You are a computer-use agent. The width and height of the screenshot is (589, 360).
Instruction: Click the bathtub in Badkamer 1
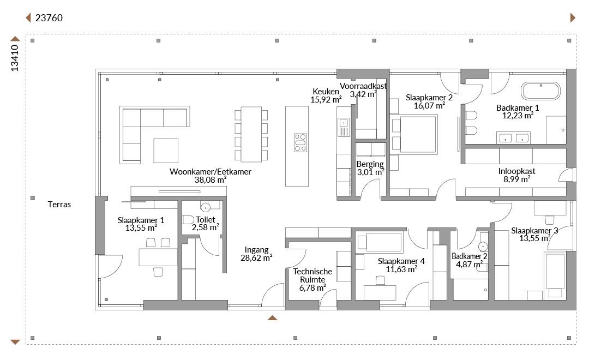[540, 91]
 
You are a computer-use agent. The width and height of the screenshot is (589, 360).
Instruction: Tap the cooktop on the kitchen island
[300, 142]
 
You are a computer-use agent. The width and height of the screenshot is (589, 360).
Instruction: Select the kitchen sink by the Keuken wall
[344, 127]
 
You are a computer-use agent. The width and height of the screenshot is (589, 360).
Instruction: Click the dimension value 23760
[49, 17]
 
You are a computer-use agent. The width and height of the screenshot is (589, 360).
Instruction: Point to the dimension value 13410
[15, 58]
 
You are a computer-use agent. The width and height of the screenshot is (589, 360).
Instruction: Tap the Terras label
[59, 205]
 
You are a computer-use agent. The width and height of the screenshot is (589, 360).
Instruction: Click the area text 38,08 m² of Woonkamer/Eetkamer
[211, 179]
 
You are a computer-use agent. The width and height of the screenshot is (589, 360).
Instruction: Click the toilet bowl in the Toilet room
[188, 219]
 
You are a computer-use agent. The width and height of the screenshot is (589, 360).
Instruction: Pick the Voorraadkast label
[363, 86]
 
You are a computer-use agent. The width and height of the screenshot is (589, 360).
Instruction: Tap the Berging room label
[370, 164]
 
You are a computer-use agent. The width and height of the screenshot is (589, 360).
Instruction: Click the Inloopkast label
[517, 171]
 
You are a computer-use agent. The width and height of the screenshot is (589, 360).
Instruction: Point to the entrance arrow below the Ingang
[272, 318]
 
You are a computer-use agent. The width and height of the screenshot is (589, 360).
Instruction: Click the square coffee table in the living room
[166, 151]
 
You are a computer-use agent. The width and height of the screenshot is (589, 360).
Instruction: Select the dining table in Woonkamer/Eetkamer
[251, 134]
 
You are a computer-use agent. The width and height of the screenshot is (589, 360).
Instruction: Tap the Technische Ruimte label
[312, 275]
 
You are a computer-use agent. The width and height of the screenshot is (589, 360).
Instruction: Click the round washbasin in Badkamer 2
[483, 247]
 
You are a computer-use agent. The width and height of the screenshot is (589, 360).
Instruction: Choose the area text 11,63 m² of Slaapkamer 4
[401, 269]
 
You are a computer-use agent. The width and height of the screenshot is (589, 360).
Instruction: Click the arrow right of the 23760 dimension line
[573, 17]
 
